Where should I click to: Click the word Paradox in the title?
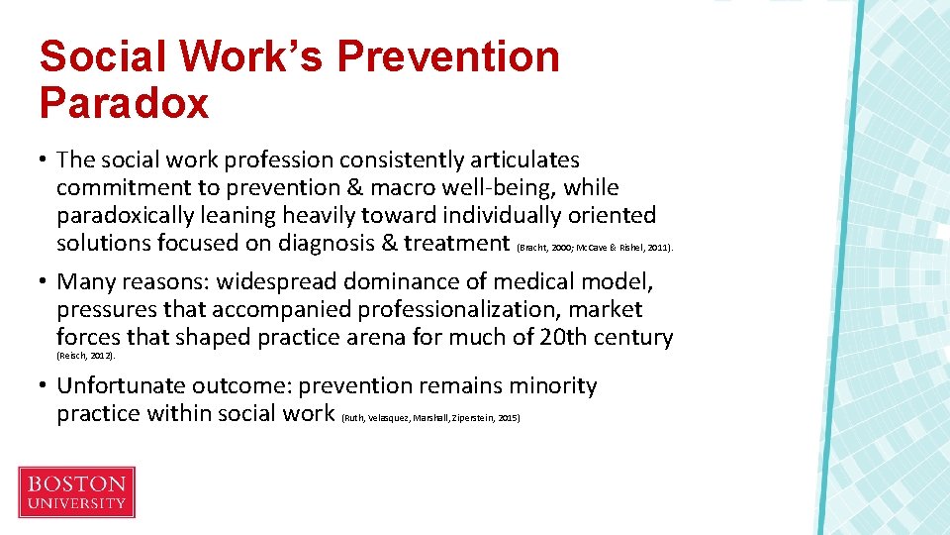[x=125, y=102]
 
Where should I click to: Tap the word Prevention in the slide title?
[x=448, y=56]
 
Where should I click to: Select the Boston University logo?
[x=76, y=492]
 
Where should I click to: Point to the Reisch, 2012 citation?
[x=86, y=355]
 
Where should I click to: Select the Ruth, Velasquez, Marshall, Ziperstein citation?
[x=430, y=418]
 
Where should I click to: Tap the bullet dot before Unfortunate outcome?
[x=45, y=386]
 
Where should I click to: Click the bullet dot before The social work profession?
[x=45, y=160]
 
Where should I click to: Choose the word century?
[x=632, y=338]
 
